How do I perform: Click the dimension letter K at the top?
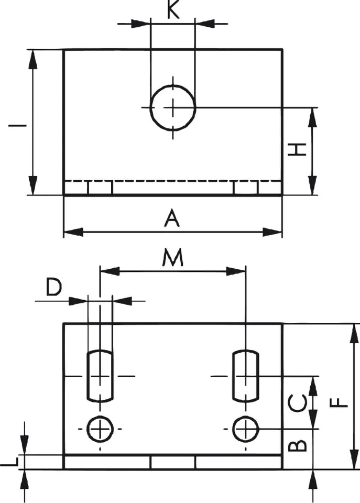173,11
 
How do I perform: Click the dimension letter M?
172,258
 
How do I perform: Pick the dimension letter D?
54,287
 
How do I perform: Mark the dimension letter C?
298,402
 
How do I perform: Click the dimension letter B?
298,445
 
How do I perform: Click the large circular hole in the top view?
173,107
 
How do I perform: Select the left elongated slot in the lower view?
99,376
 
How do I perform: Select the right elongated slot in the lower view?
245,376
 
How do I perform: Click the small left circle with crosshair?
99,429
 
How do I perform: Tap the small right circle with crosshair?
245,429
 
